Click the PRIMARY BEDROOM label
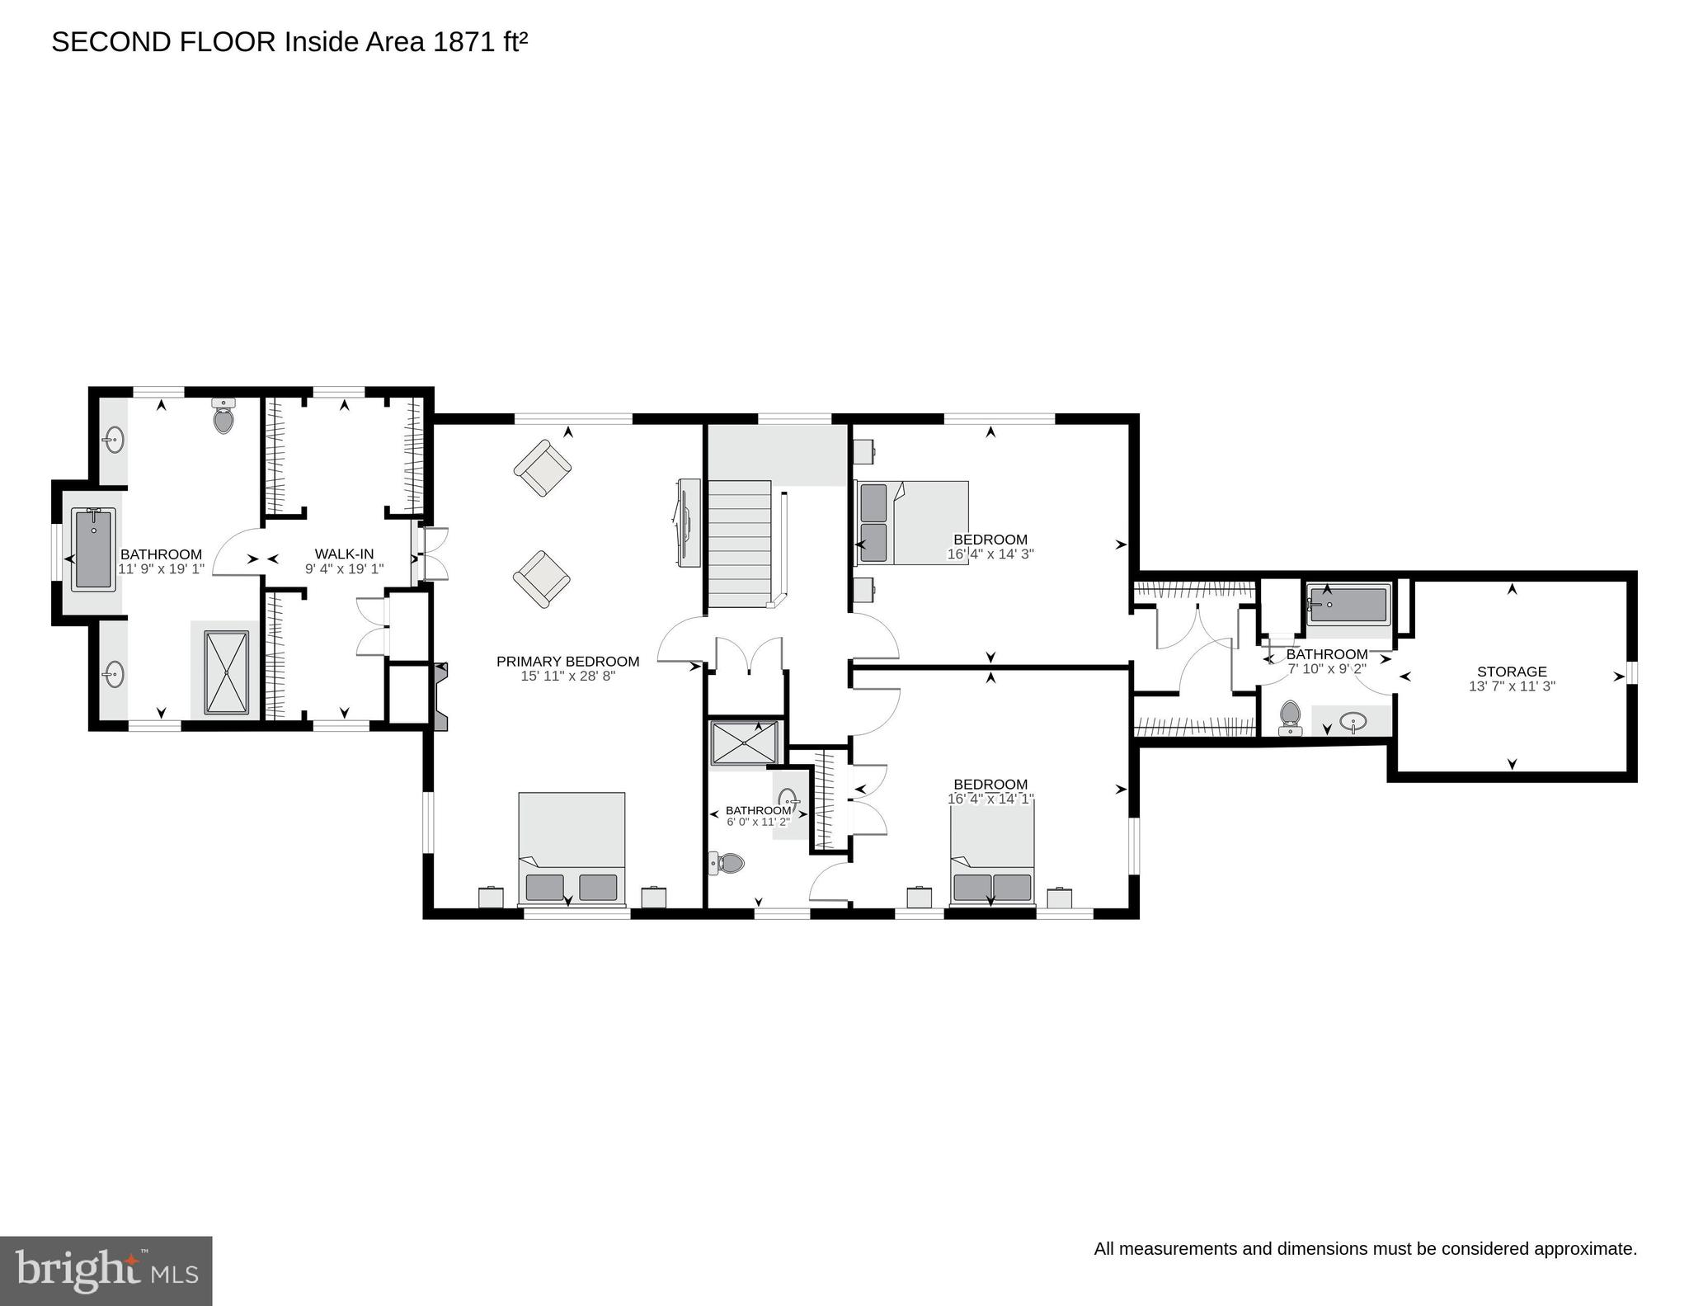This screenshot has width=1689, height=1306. [x=567, y=661]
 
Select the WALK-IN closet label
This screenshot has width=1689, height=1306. [x=344, y=554]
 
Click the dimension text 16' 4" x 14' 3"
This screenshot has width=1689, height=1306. [x=990, y=554]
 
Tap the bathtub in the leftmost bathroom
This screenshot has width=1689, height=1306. [x=93, y=549]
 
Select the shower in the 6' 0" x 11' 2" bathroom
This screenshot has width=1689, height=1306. [x=744, y=743]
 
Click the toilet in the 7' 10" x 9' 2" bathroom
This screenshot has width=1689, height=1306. [x=1289, y=717]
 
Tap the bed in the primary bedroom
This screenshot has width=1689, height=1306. [x=572, y=848]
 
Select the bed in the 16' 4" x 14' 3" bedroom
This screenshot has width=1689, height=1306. [x=911, y=523]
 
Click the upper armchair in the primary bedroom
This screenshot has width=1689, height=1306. [x=543, y=468]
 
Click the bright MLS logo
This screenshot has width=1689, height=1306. [x=106, y=1271]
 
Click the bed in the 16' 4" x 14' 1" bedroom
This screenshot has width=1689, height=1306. [x=992, y=854]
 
